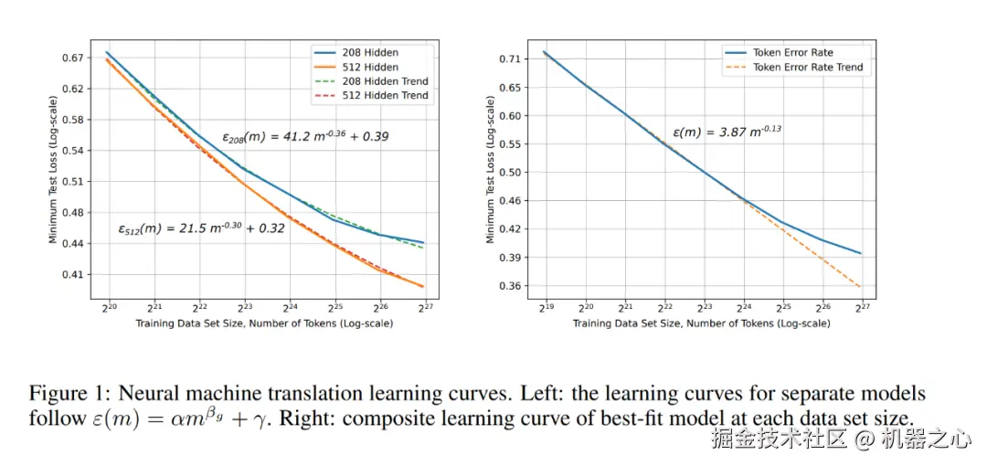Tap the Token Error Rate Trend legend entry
tap(807, 67)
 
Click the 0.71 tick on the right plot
tap(509, 58)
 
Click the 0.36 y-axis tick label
tap(509, 286)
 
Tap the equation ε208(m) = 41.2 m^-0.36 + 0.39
tap(305, 137)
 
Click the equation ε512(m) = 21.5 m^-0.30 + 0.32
tap(201, 228)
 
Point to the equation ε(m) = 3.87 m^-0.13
tap(727, 132)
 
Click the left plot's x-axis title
tap(265, 324)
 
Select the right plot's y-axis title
tap(491, 172)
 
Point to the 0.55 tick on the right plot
tap(509, 143)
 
